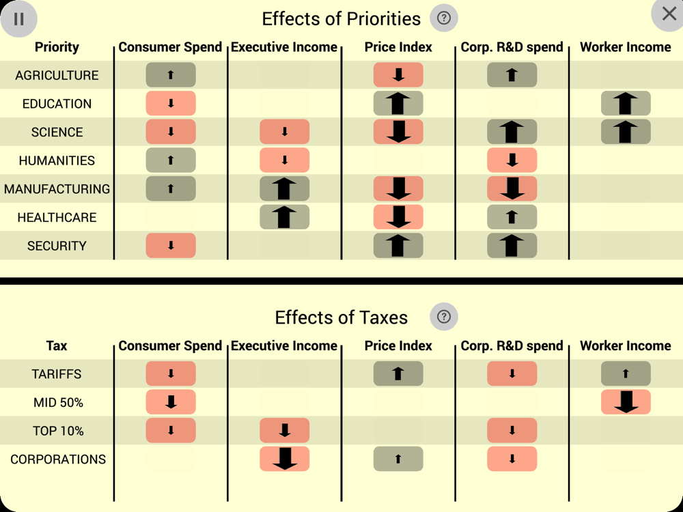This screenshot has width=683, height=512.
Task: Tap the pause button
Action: pyautogui.click(x=18, y=19)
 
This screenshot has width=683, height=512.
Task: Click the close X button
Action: pyautogui.click(x=668, y=14)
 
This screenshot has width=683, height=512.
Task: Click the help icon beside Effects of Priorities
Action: pyautogui.click(x=444, y=18)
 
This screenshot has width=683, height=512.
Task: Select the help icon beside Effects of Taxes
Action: pyautogui.click(x=444, y=317)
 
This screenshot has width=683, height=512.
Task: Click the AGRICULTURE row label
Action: pyautogui.click(x=57, y=75)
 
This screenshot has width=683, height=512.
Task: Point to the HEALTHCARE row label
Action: pyautogui.click(x=57, y=218)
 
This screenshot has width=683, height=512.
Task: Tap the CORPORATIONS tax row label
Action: pyautogui.click(x=58, y=459)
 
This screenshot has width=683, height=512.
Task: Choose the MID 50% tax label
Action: pyautogui.click(x=58, y=403)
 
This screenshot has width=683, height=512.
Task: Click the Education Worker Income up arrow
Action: pyautogui.click(x=626, y=104)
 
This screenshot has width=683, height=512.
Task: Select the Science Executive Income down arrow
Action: pyautogui.click(x=285, y=132)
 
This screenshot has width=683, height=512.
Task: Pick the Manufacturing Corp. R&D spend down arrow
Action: pyautogui.click(x=512, y=189)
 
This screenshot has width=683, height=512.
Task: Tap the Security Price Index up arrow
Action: pyautogui.click(x=398, y=246)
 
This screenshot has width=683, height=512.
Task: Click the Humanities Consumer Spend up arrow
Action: pyautogui.click(x=171, y=160)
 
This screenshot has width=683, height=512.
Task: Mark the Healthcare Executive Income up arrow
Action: pyautogui.click(x=285, y=218)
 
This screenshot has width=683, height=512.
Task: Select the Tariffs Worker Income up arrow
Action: pyautogui.click(x=626, y=374)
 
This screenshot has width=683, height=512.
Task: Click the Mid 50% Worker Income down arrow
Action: pyautogui.click(x=626, y=403)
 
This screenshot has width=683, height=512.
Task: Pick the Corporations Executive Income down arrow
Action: pyautogui.click(x=285, y=459)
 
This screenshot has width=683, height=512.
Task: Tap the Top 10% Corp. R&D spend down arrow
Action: pyautogui.click(x=512, y=431)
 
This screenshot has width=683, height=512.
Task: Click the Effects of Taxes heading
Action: pyautogui.click(x=341, y=317)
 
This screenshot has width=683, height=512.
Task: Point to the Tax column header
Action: pyautogui.click(x=57, y=346)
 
